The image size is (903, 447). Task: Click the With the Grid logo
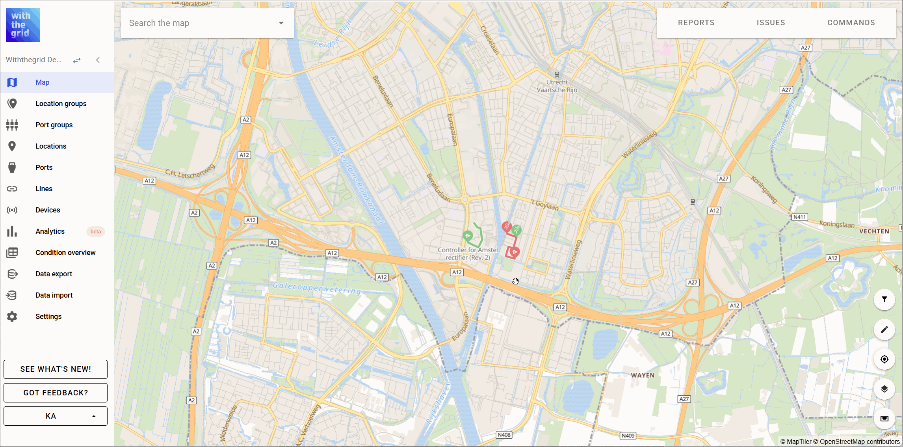tap(23, 25)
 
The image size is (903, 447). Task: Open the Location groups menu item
tap(61, 104)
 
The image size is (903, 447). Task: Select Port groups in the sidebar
tap(54, 125)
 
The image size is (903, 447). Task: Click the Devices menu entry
tap(48, 210)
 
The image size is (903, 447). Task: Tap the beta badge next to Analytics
tap(95, 232)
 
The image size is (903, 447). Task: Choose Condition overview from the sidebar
tap(65, 253)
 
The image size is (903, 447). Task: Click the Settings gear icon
tap(12, 317)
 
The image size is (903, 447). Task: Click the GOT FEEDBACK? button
tap(56, 393)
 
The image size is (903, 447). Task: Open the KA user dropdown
tap(56, 416)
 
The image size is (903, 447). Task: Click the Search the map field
tap(201, 23)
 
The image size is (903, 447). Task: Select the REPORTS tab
tap(696, 23)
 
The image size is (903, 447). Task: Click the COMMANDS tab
tap(851, 23)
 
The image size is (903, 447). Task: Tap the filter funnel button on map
tap(884, 300)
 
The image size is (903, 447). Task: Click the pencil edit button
tap(884, 330)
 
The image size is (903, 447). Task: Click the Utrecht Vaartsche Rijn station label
tap(557, 86)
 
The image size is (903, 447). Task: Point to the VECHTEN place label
tap(874, 231)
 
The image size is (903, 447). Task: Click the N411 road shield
tap(799, 217)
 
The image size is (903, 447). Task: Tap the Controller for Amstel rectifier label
tap(468, 253)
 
